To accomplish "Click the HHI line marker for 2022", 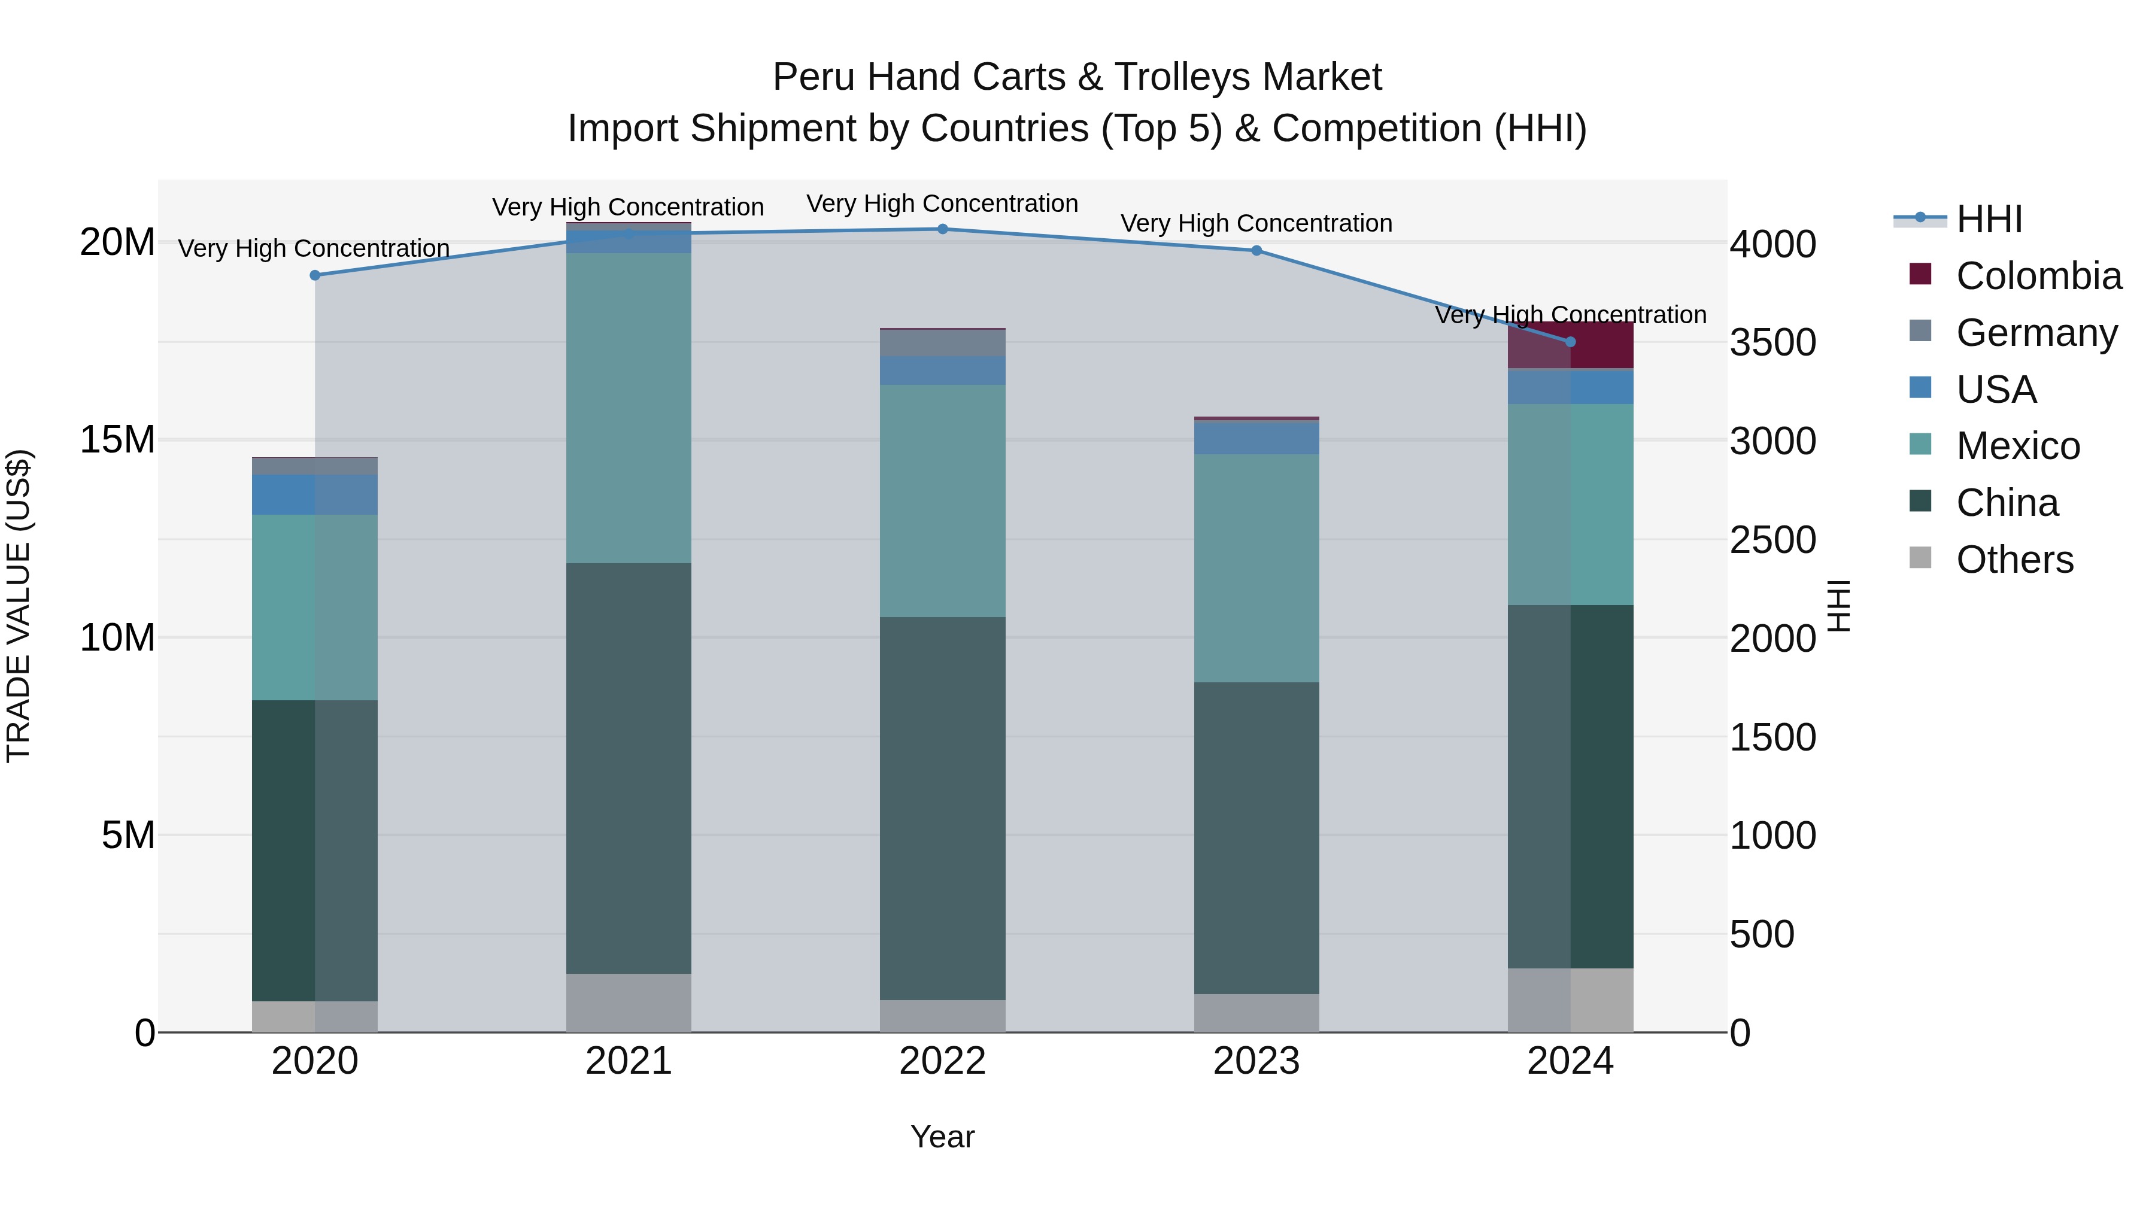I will click(x=942, y=229).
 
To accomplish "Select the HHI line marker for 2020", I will click(x=314, y=275).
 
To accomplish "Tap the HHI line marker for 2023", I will click(x=1256, y=251).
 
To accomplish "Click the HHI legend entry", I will click(x=1989, y=219).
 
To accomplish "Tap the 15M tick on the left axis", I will click(x=117, y=440).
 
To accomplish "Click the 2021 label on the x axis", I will click(x=629, y=1061).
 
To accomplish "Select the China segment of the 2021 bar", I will click(x=629, y=768).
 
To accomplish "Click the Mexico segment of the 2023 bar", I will click(x=1256, y=568).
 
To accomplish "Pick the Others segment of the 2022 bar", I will click(x=942, y=1016).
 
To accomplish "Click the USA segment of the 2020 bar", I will click(x=314, y=494).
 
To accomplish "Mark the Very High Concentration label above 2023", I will click(x=1256, y=223).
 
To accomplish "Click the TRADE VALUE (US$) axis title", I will click(x=19, y=606).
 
